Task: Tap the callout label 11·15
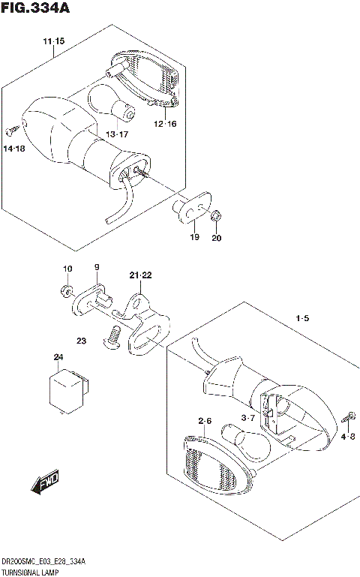[x=53, y=40]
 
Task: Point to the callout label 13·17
[x=117, y=134]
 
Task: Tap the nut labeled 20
[x=216, y=217]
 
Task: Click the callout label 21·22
[x=139, y=276]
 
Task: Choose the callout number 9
[x=96, y=268]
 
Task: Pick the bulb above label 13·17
[x=113, y=105]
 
